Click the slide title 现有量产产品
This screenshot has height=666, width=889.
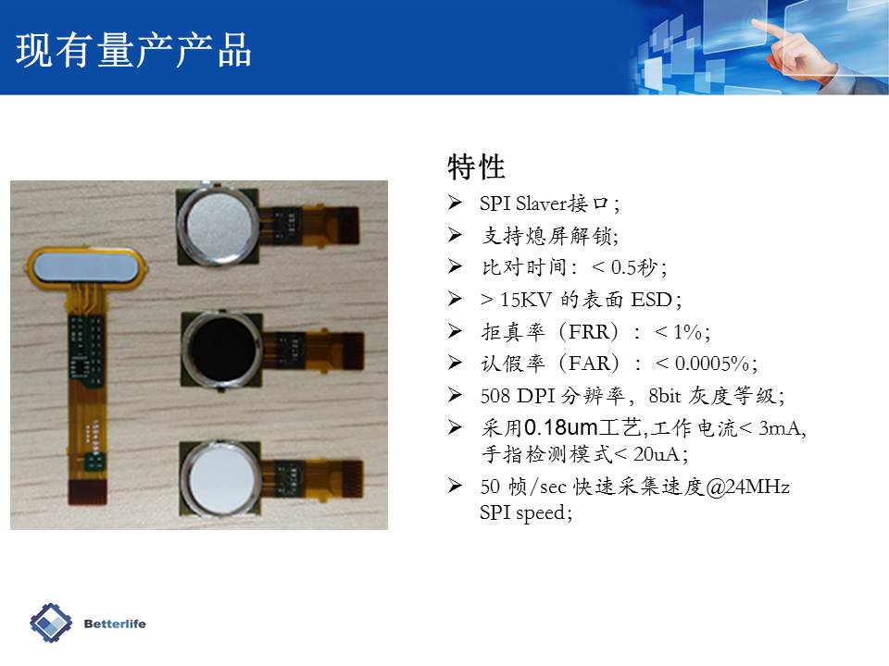coord(133,50)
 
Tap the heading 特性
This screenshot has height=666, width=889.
coord(476,166)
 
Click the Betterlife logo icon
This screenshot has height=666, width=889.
coord(51,623)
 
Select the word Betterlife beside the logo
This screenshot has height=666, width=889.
coord(115,623)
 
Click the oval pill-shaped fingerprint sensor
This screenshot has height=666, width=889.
coord(86,266)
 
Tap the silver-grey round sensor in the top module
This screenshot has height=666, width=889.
coord(219,223)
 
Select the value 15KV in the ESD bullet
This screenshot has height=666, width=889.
coord(526,299)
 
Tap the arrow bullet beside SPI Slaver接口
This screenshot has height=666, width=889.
coord(455,203)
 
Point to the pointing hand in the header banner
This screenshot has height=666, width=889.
coord(795,48)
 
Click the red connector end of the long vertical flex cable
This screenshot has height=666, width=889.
coord(87,491)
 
